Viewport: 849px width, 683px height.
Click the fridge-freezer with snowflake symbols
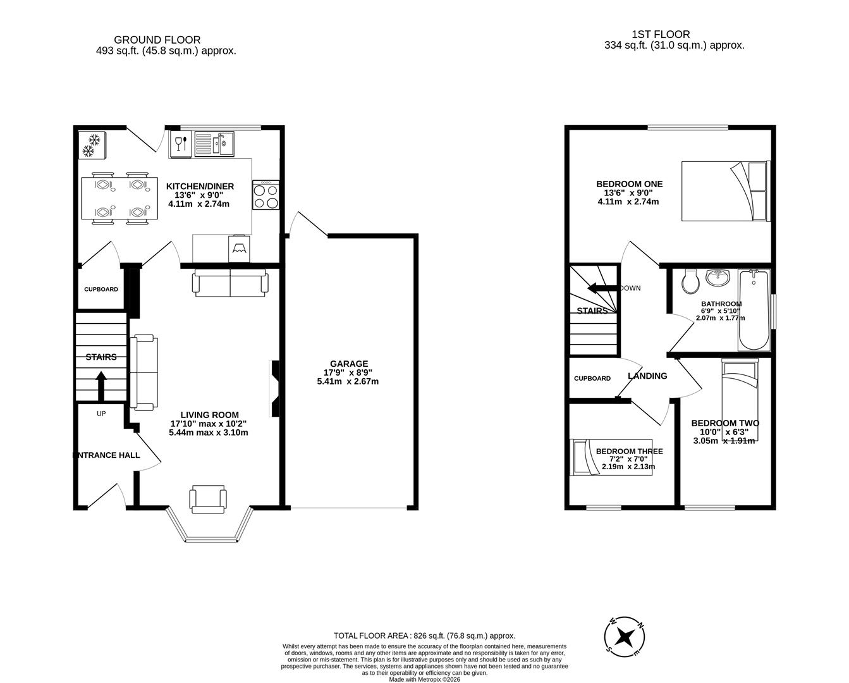click(x=92, y=145)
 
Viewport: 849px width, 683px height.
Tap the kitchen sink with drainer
click(x=214, y=144)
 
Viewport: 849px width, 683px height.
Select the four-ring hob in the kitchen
click(x=266, y=195)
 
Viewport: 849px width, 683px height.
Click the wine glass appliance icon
click(x=181, y=144)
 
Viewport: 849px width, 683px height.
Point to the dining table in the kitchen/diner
click(x=119, y=198)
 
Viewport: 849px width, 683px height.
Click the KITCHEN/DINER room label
click(x=200, y=187)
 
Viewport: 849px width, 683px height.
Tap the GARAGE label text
click(x=349, y=364)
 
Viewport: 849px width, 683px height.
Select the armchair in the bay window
click(x=208, y=499)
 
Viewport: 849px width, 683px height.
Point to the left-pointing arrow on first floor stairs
click(x=602, y=288)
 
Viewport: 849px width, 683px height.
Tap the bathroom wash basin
click(x=718, y=278)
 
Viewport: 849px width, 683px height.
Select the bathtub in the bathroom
click(x=754, y=311)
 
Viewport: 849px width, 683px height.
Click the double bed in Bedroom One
click(x=726, y=191)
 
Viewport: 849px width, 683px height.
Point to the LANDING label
click(x=647, y=376)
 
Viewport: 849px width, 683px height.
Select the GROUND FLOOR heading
click(x=157, y=40)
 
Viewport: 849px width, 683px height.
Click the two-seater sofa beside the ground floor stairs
click(x=144, y=372)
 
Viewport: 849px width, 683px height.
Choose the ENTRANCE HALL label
click(x=106, y=455)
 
